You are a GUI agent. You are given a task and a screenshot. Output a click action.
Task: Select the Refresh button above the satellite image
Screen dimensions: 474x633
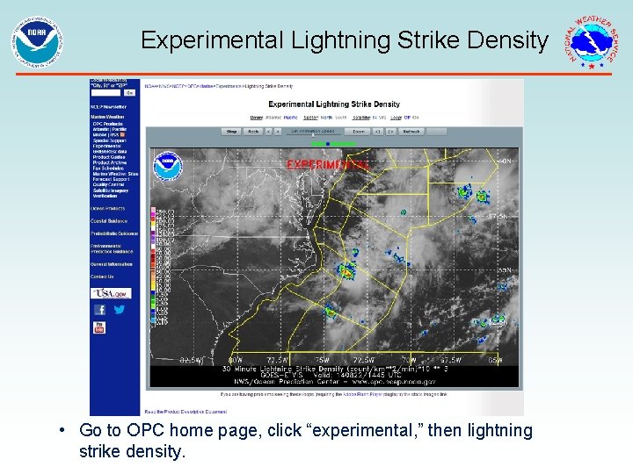point(411,132)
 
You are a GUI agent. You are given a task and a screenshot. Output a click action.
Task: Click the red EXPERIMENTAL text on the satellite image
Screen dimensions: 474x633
point(327,164)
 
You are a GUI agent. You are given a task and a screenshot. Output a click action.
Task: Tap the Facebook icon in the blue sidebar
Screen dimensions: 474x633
point(100,310)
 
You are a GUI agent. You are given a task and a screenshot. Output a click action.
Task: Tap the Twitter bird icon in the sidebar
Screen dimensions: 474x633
point(119,310)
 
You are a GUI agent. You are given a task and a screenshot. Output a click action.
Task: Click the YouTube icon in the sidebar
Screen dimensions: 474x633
point(99,327)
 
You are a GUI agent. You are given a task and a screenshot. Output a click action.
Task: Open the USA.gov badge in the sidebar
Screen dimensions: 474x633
point(112,293)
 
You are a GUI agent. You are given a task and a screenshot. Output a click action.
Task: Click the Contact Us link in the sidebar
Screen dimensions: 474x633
point(104,277)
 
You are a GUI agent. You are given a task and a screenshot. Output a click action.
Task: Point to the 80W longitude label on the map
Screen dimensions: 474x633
point(235,360)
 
